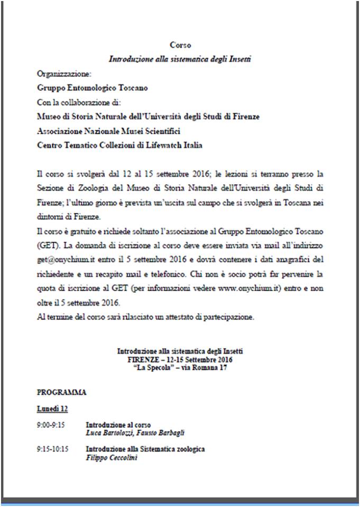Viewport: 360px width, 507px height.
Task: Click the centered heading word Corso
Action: point(180,46)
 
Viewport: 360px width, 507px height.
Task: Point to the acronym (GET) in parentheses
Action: point(46,246)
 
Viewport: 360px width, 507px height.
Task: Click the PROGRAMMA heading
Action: point(61,392)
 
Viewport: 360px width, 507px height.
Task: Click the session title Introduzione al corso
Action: point(118,425)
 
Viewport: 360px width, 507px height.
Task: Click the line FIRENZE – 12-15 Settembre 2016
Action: point(180,359)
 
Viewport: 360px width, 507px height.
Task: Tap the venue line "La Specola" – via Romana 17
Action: point(180,368)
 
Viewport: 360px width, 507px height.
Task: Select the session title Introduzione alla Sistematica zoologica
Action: point(145,449)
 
